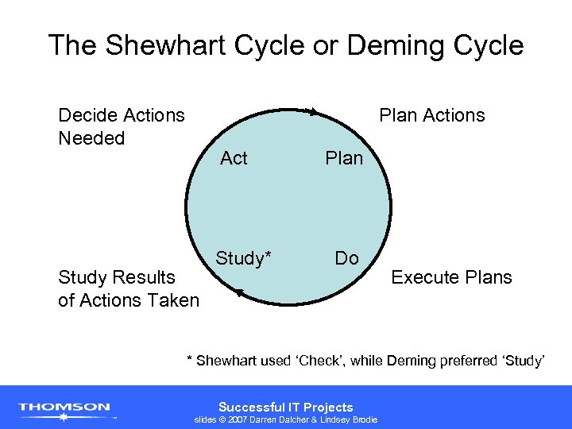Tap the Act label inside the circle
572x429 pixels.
234,158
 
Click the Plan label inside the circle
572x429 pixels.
344,158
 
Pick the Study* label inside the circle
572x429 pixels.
244,258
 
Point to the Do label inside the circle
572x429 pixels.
346,258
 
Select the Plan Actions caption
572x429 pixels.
431,115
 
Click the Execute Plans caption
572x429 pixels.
451,277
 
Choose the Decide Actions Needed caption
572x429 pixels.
121,126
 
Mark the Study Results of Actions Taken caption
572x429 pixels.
128,288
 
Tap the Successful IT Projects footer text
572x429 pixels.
285,407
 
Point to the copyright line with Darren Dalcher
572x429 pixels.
286,419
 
